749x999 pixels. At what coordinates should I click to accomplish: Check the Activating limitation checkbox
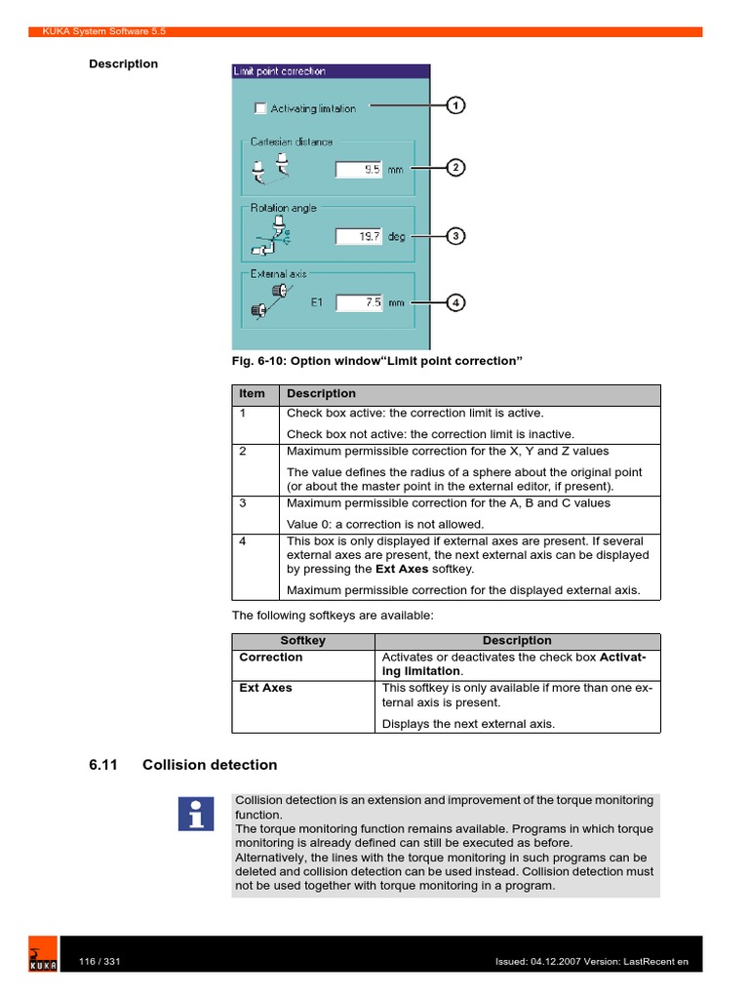click(260, 108)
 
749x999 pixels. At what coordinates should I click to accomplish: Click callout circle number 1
click(455, 105)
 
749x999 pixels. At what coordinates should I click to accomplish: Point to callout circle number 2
click(455, 168)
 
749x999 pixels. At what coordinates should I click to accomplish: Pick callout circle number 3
click(455, 235)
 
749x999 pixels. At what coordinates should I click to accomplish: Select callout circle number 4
click(455, 302)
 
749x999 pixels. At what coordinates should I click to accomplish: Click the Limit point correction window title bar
click(330, 71)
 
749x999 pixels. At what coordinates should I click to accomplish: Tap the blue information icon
click(196, 813)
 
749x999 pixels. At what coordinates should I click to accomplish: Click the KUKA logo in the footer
click(42, 957)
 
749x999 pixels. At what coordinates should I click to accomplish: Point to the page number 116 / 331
click(99, 962)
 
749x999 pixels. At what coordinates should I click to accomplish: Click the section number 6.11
click(103, 765)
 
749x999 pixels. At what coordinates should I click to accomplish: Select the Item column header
click(253, 394)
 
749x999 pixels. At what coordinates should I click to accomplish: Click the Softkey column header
click(302, 641)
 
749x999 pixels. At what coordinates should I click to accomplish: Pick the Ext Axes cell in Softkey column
click(265, 688)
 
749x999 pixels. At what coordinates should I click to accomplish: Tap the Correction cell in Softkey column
click(271, 658)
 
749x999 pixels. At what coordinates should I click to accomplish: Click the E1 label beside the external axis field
click(317, 302)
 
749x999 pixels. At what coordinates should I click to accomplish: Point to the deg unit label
click(397, 236)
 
